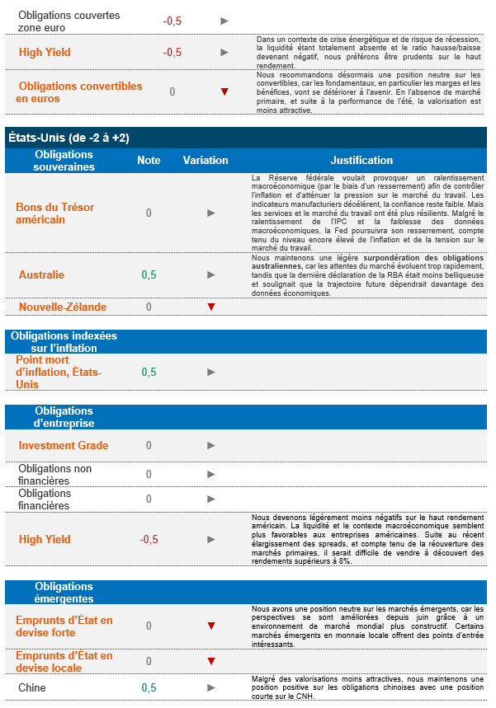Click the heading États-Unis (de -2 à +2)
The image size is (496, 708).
click(68, 138)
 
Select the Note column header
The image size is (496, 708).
click(149, 160)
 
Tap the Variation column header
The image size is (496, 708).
click(205, 160)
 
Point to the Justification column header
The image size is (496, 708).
click(361, 160)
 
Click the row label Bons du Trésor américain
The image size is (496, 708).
click(52, 213)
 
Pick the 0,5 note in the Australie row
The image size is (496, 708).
click(149, 274)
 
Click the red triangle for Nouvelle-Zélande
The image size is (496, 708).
click(211, 307)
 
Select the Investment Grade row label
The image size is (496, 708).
click(64, 445)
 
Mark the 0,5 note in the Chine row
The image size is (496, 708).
click(149, 687)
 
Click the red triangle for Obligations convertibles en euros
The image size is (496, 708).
click(224, 91)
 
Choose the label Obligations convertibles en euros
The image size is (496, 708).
click(79, 92)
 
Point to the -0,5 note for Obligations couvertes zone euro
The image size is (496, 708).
click(172, 21)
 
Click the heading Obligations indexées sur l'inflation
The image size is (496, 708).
click(64, 342)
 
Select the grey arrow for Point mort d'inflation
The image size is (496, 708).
click(211, 372)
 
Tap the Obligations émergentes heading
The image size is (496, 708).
click(64, 593)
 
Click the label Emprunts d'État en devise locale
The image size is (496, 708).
click(64, 661)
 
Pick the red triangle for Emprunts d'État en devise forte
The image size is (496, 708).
click(211, 626)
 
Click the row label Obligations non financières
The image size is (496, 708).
click(55, 474)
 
